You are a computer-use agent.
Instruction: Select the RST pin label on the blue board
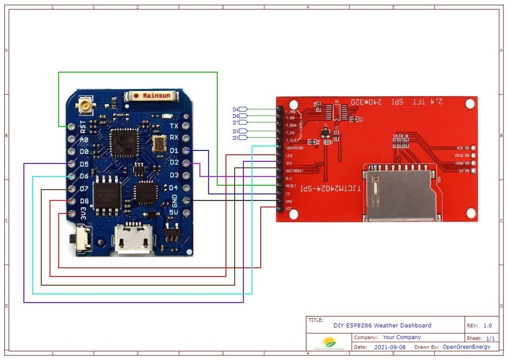[x=82, y=127]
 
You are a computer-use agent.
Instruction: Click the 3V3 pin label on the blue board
[x=83, y=215]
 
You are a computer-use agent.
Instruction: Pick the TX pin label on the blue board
[x=174, y=126]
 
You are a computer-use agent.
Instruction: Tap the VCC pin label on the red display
[x=288, y=209]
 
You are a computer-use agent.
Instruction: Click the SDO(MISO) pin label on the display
[x=295, y=148]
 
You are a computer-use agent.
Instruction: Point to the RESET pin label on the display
[x=291, y=186]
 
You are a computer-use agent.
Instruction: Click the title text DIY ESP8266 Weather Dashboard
[x=382, y=326]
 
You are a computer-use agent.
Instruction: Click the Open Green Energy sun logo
[x=329, y=343]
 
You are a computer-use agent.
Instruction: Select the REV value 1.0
[x=488, y=326]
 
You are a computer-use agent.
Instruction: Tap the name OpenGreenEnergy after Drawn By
[x=466, y=347]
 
